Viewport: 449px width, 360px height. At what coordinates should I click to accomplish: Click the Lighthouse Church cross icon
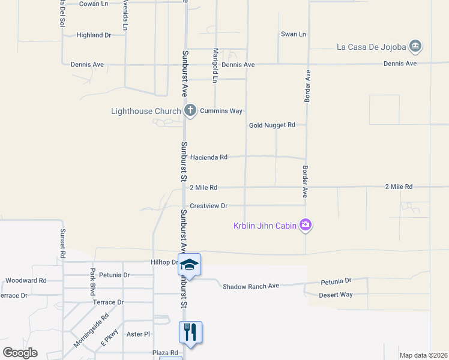(x=190, y=110)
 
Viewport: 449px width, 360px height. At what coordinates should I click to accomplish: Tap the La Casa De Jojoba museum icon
(x=415, y=46)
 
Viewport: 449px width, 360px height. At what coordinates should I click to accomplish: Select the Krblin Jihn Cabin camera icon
(x=306, y=225)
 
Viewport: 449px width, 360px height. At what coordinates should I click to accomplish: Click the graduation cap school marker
(x=189, y=265)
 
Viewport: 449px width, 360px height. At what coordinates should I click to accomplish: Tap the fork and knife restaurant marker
(x=190, y=332)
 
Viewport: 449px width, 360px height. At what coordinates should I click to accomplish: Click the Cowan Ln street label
(x=94, y=4)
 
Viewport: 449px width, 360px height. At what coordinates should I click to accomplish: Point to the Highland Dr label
(x=94, y=35)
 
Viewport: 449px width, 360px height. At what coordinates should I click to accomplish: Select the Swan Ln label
(x=294, y=34)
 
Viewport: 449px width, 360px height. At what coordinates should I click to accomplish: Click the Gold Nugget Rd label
(x=273, y=125)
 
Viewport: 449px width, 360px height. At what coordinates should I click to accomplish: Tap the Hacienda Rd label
(x=209, y=157)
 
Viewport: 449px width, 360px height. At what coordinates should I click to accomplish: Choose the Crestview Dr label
(x=209, y=206)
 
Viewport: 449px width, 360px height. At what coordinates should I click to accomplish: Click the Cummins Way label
(x=221, y=111)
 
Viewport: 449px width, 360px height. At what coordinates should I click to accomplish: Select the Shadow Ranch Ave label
(x=251, y=286)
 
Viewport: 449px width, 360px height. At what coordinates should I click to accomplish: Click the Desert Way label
(x=337, y=295)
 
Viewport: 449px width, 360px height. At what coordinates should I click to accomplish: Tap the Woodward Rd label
(x=26, y=280)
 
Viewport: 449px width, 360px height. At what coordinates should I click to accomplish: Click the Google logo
(x=20, y=353)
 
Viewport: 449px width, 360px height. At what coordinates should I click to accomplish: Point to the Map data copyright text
(x=423, y=355)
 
